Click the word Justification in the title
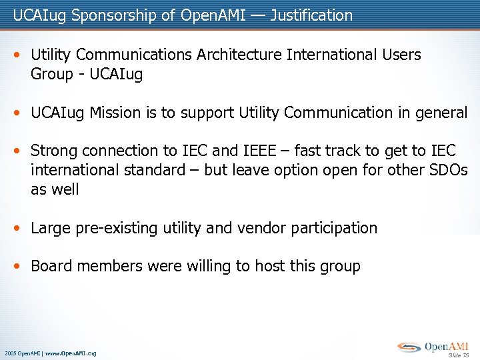point(311,15)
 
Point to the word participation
point(335,228)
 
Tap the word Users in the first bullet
point(399,55)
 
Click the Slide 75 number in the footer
point(459,355)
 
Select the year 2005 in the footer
point(10,353)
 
